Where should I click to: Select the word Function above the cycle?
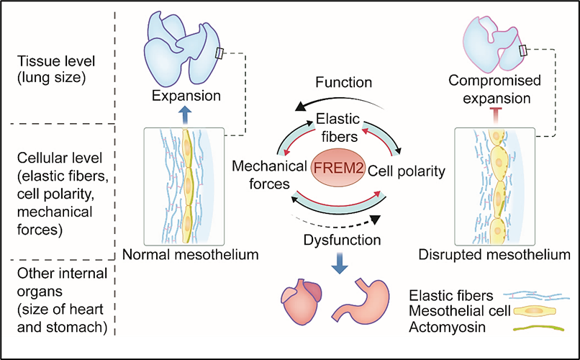click(x=343, y=83)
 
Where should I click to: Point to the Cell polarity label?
click(x=407, y=171)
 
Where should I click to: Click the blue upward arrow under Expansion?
click(x=186, y=114)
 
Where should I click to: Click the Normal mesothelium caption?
click(x=190, y=254)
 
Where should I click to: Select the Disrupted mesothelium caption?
click(x=496, y=254)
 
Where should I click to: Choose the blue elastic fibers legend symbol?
click(x=532, y=295)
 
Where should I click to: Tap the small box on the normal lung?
click(x=220, y=54)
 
